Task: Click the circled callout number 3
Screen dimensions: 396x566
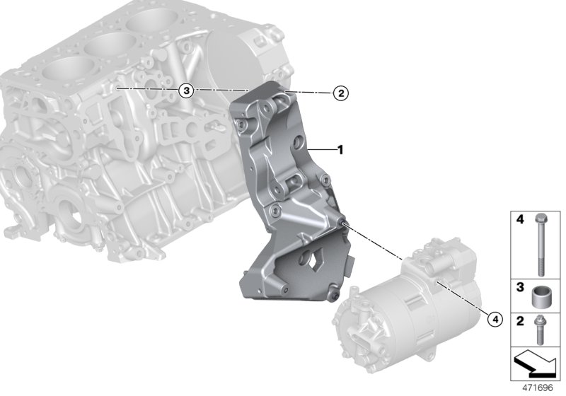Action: (x=185, y=90)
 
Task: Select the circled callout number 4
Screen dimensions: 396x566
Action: (x=495, y=320)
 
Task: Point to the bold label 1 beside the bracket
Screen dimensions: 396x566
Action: (x=340, y=149)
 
